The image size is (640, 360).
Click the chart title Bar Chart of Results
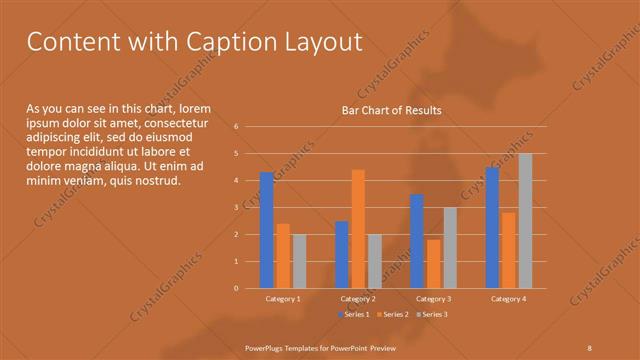tap(391, 110)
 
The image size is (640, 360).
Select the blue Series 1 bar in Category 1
tap(266, 230)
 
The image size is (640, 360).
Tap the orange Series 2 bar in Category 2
tap(358, 229)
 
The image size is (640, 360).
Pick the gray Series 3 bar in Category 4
tap(525, 221)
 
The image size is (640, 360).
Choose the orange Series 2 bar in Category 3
tap(433, 264)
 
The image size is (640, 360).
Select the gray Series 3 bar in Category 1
tap(299, 261)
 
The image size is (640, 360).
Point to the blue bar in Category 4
tap(492, 228)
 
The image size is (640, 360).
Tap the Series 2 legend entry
tap(392, 314)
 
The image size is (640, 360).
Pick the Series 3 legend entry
tap(431, 314)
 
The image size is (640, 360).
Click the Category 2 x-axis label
tap(358, 298)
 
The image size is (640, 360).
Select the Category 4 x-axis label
tap(508, 298)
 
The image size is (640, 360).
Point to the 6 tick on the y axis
tap(236, 127)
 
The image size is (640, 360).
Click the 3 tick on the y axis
tap(236, 207)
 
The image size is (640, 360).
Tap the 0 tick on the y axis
tap(236, 288)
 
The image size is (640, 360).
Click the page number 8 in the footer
tap(589, 346)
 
